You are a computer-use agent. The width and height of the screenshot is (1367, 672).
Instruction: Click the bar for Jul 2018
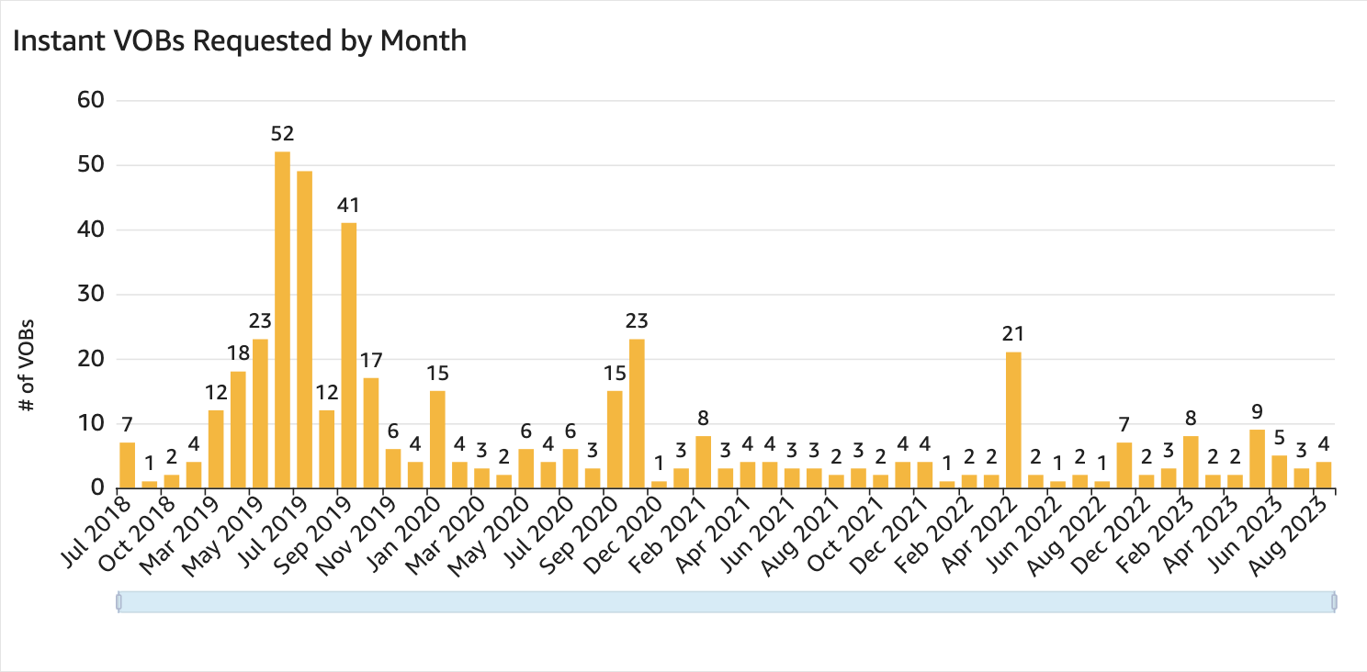click(127, 465)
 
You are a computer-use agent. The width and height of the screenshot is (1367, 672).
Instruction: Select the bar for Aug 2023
click(1323, 476)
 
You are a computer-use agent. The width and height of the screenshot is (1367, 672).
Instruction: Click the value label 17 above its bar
click(371, 360)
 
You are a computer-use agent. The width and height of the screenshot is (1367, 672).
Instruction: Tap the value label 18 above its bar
click(238, 353)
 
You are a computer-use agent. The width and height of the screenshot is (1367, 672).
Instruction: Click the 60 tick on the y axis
click(90, 100)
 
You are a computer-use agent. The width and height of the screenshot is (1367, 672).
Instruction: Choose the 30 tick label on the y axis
click(90, 295)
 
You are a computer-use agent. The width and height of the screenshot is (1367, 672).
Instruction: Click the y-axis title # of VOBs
click(27, 364)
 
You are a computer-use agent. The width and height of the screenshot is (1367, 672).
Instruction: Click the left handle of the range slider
click(119, 602)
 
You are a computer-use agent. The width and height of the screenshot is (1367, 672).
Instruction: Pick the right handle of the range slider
click(1334, 602)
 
